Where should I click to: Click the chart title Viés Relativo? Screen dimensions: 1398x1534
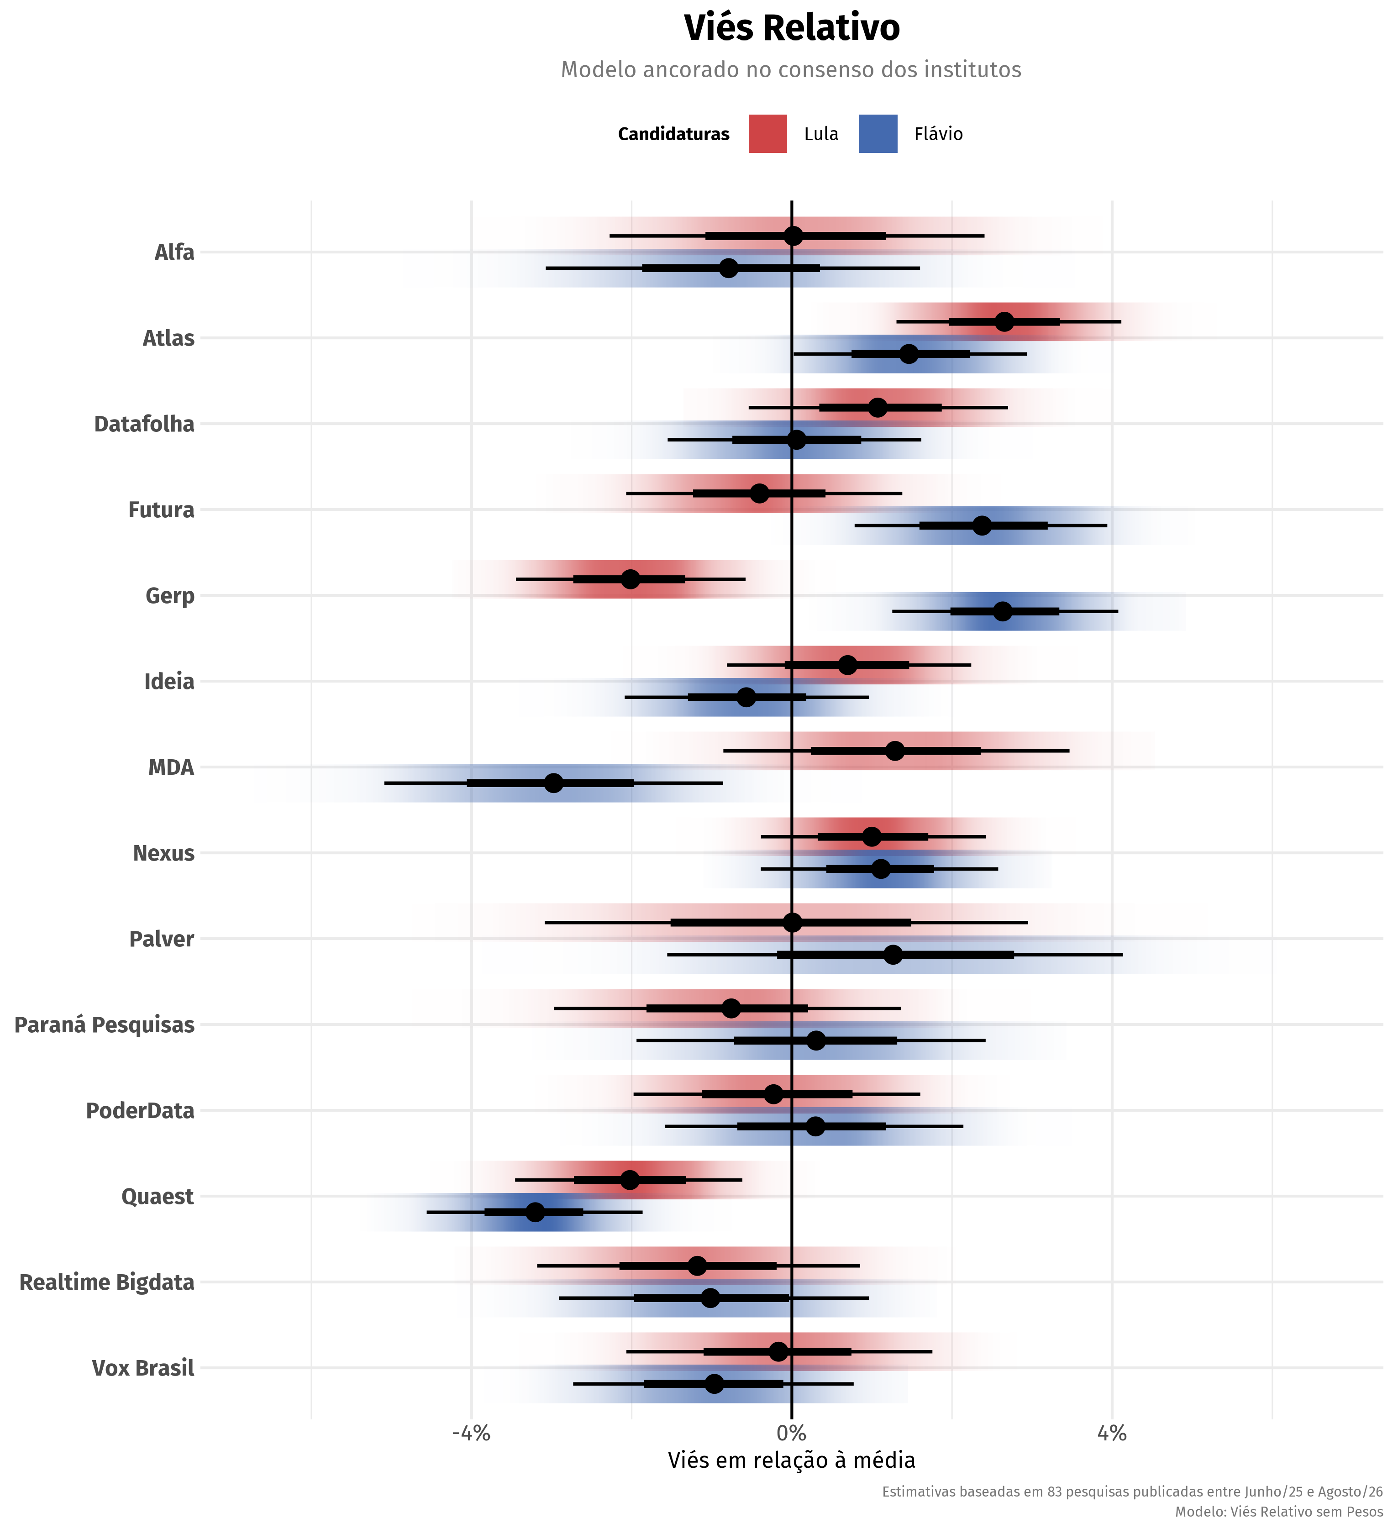[x=792, y=28]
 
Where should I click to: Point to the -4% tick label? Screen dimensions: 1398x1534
[x=471, y=1434]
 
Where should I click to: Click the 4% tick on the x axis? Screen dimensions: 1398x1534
[x=1111, y=1434]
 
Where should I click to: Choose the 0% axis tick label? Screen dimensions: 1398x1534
[x=792, y=1434]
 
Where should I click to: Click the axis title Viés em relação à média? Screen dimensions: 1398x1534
[x=792, y=1460]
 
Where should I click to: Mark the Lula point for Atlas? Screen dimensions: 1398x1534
[x=1004, y=322]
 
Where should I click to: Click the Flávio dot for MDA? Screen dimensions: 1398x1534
[x=553, y=783]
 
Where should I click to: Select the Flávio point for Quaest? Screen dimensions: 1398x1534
[x=535, y=1212]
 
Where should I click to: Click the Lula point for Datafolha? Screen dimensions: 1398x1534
[x=878, y=407]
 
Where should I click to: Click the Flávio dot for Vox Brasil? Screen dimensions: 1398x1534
[x=714, y=1383]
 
